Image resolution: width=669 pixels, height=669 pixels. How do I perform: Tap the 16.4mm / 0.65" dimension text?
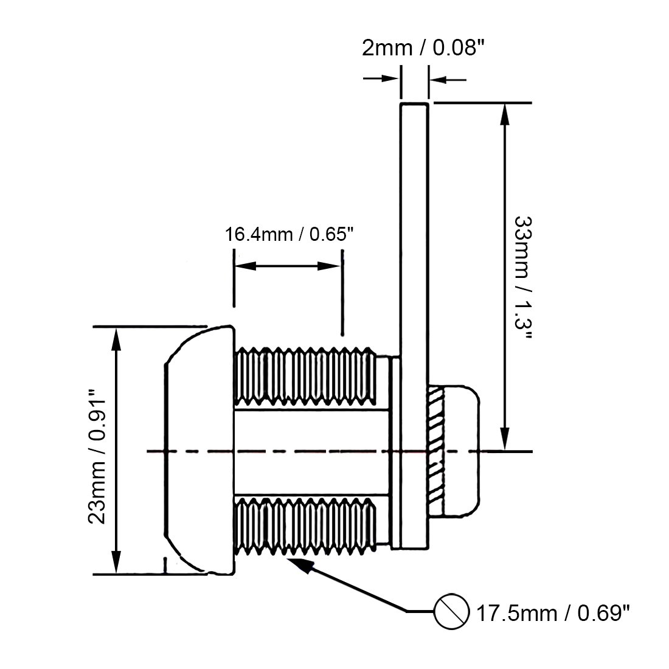coord(289,234)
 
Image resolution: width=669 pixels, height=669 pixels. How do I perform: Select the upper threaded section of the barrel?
coord(304,377)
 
